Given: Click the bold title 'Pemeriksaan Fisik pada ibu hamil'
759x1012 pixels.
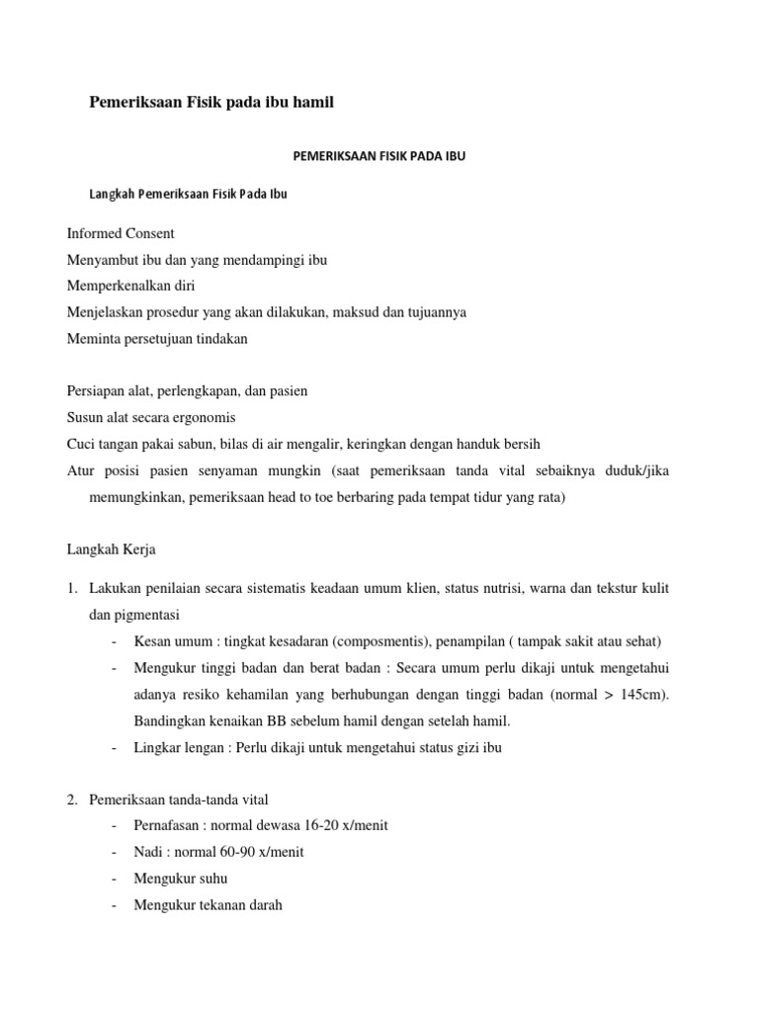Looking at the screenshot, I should point(212,102).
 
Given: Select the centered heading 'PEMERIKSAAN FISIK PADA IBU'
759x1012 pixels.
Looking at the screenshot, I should point(380,157).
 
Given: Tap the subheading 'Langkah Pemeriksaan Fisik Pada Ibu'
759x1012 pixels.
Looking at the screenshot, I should point(189,194).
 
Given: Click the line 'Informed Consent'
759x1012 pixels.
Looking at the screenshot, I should point(121,234).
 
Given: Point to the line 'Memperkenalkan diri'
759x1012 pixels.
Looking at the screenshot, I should point(130,287).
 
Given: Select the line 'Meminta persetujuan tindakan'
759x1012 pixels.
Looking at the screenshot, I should point(157,339).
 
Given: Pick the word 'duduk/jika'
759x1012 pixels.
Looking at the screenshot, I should point(637,470).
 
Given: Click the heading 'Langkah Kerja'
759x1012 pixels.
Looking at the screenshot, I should point(112,548).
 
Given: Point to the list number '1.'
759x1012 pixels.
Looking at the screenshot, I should point(73,589).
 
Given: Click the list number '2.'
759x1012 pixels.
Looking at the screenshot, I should point(73,800).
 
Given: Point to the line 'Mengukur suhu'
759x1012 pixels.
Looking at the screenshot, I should point(180,878).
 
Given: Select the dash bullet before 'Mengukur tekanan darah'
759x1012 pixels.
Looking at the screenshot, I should point(117,904).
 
